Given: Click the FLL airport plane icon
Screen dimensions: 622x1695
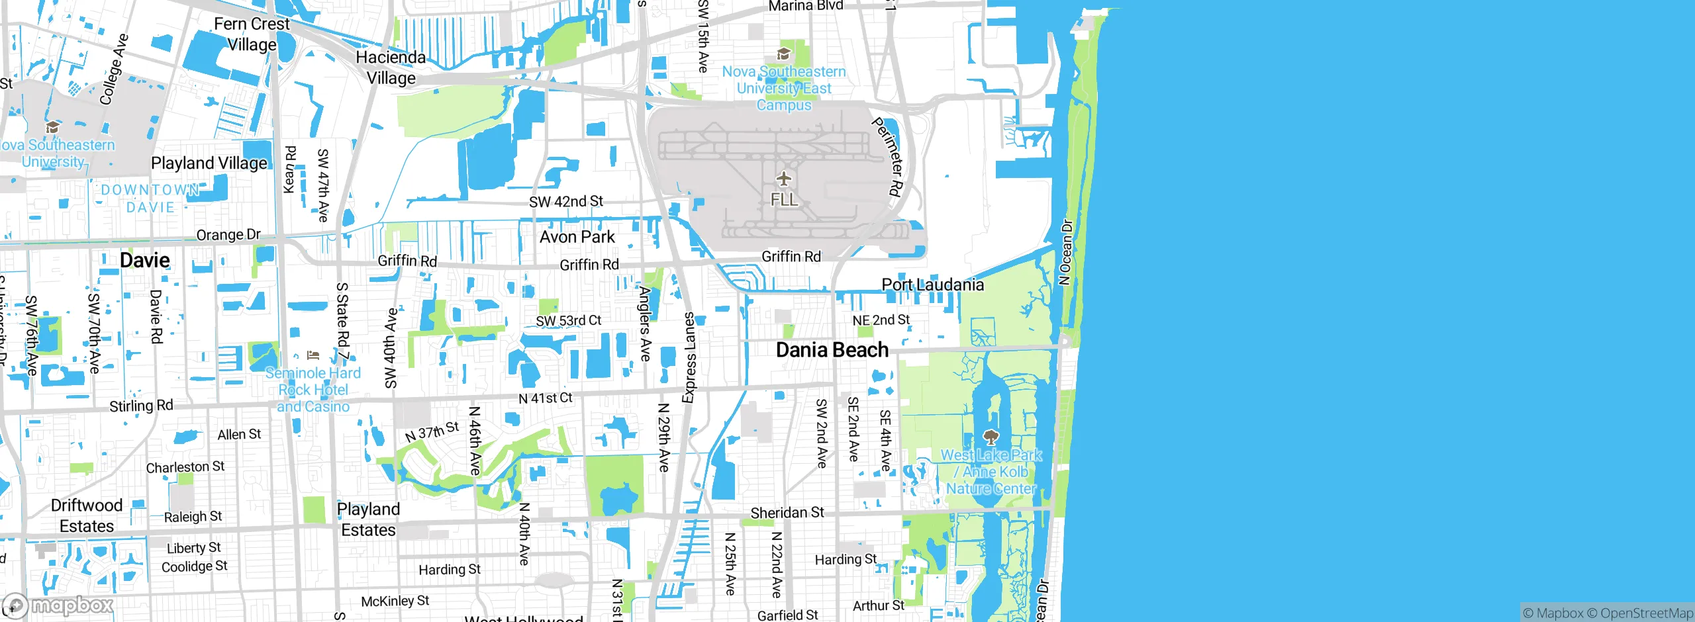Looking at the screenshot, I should point(784,179).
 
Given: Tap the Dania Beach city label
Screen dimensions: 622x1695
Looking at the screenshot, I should point(832,350).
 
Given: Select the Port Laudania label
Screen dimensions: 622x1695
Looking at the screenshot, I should point(932,285).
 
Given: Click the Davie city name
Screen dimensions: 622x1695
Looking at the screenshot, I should point(144,260).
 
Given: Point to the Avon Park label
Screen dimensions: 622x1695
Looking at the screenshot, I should point(577,237).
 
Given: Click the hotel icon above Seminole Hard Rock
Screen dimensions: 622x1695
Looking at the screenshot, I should point(314,355).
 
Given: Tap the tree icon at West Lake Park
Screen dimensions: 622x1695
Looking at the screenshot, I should point(991,437).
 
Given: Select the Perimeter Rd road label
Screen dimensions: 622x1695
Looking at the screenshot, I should point(888,157).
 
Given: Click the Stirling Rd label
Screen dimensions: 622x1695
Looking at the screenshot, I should point(141,406).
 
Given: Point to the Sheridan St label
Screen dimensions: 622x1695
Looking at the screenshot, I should point(787,513).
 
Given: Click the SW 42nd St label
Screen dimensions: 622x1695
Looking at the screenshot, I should point(565,201).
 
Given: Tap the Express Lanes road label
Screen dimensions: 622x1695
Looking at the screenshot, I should point(689,357).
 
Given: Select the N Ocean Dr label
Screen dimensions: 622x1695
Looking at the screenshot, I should point(1065,252).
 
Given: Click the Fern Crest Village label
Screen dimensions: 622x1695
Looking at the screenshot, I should point(252,34).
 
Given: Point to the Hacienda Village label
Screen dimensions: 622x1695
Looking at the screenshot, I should point(391,67).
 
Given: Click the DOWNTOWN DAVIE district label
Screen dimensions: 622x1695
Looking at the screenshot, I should point(150,199).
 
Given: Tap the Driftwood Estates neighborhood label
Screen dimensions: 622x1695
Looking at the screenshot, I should point(87,515).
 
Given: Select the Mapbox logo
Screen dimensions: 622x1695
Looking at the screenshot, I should point(58,605).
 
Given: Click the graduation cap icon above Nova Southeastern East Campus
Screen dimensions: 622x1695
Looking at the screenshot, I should point(784,54).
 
